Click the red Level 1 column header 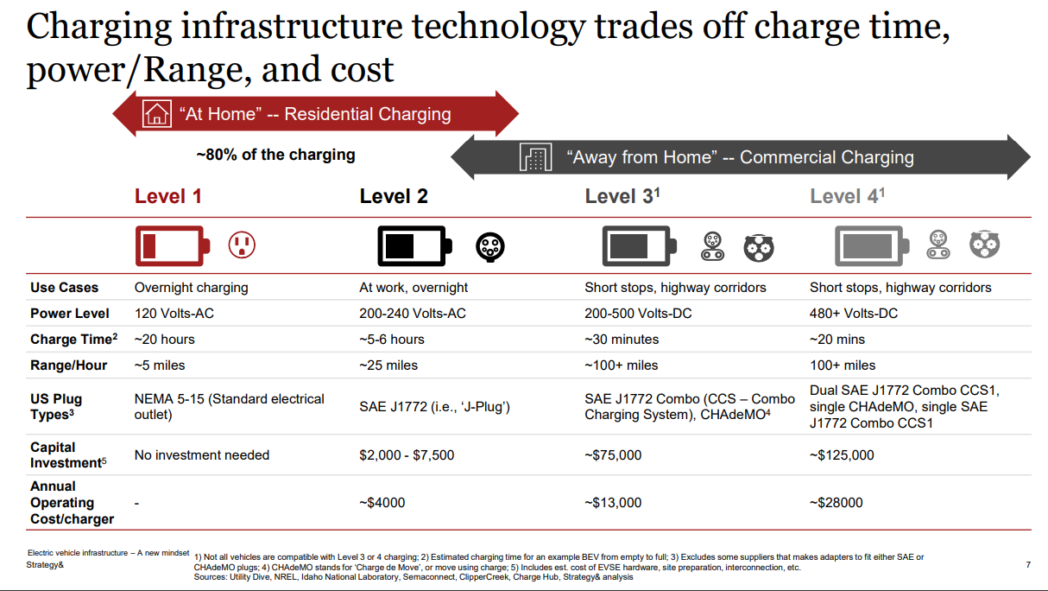(167, 196)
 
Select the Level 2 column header (394, 196)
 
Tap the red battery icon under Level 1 (172, 246)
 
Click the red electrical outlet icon (242, 246)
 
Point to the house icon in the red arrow (156, 114)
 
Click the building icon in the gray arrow (535, 157)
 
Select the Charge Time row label (73, 339)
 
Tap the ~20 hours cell (164, 339)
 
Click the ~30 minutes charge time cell (622, 339)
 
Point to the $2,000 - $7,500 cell (407, 454)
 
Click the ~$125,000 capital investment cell (842, 454)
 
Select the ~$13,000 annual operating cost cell (613, 502)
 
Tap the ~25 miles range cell (388, 365)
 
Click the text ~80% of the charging (275, 155)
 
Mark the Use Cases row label (65, 287)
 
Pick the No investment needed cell (202, 454)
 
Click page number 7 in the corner (1027, 564)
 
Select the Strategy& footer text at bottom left (43, 564)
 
